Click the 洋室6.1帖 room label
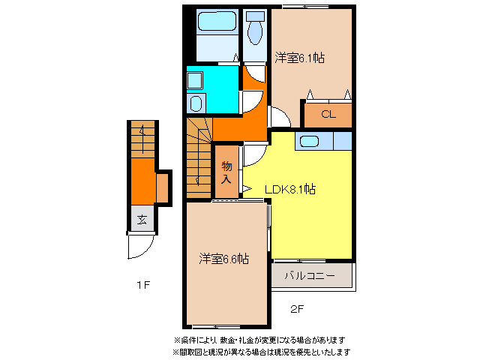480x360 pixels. (299, 57)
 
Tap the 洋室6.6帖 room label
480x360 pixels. (224, 259)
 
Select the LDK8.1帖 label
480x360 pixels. (290, 189)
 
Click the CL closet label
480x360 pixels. (328, 115)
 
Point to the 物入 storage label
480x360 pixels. (226, 173)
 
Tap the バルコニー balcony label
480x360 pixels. (310, 275)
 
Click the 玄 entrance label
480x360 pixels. (142, 220)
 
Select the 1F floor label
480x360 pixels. (143, 285)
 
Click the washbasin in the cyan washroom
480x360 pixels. (196, 102)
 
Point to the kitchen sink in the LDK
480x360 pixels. (308, 140)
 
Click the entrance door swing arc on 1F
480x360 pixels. (141, 247)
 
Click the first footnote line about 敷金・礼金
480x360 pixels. (259, 340)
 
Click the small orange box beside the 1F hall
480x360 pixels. (163, 187)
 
